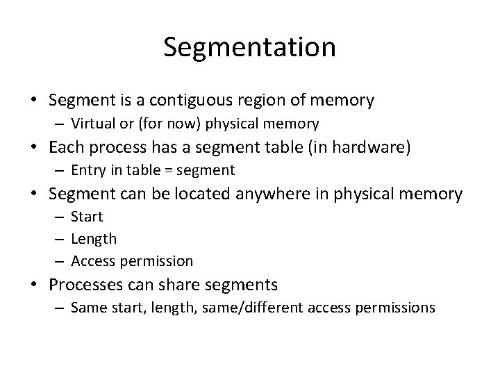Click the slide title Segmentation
250,47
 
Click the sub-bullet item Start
87,217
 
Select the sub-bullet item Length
94,239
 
